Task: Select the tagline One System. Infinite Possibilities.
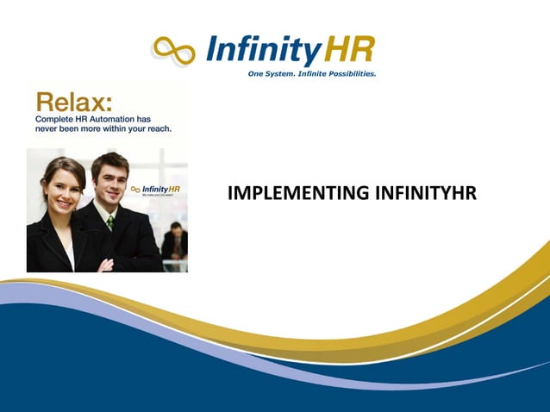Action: [x=311, y=74]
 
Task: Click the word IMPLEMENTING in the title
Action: [x=288, y=193]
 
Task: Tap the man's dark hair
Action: [x=109, y=160]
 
